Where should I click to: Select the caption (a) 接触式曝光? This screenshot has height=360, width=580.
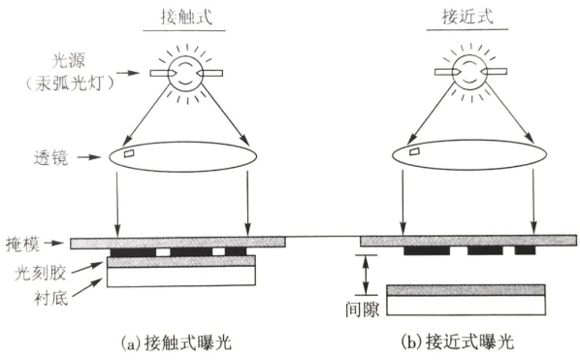click(183, 344)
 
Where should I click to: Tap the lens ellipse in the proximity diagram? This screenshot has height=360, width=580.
click(467, 155)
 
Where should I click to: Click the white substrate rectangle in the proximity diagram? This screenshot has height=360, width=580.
click(466, 308)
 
